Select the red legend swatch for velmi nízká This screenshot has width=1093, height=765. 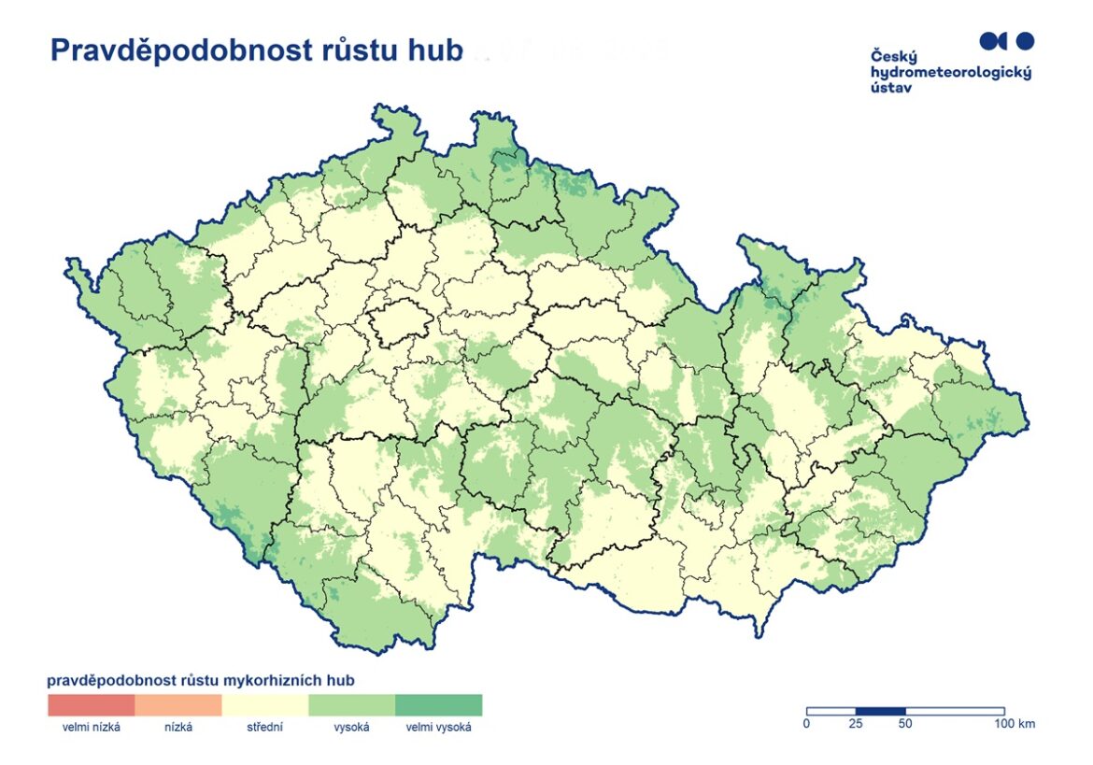pyautogui.click(x=92, y=704)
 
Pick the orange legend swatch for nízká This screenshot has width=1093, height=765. pyautogui.click(x=178, y=704)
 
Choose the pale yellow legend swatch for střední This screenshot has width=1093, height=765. pyautogui.click(x=265, y=704)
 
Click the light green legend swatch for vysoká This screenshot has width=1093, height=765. pyautogui.click(x=352, y=704)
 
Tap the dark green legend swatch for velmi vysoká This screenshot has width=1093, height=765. pyautogui.click(x=439, y=704)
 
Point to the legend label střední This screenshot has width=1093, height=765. pyautogui.click(x=265, y=728)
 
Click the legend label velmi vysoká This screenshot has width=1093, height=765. pyautogui.click(x=439, y=728)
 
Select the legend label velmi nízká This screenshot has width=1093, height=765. pyautogui.click(x=92, y=728)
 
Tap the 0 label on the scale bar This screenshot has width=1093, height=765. pyautogui.click(x=807, y=724)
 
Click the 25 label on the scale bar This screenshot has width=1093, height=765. pyautogui.click(x=856, y=724)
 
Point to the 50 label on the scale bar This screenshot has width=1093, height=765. pyautogui.click(x=905, y=724)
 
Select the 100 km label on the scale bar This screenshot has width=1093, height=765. pyautogui.click(x=1014, y=724)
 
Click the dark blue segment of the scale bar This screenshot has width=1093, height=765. pyautogui.click(x=881, y=711)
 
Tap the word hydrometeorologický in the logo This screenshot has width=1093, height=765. pyautogui.click(x=950, y=72)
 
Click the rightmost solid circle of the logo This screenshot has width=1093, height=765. pyautogui.click(x=1025, y=40)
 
